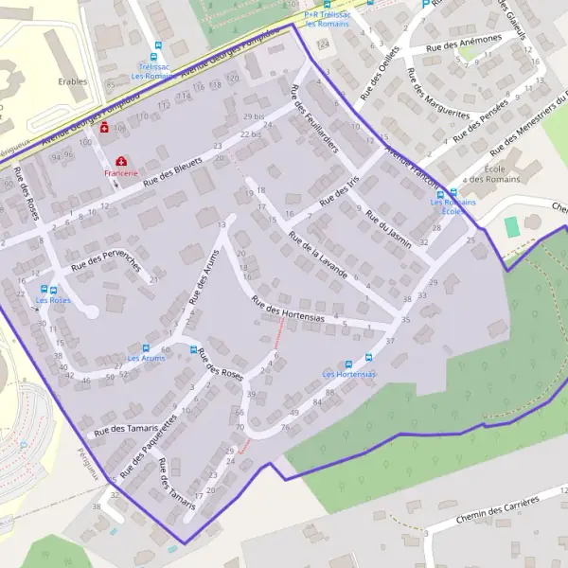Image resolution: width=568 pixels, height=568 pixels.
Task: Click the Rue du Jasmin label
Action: pyautogui.click(x=389, y=228)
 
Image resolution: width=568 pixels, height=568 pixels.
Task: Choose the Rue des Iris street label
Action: pyautogui.click(x=341, y=194)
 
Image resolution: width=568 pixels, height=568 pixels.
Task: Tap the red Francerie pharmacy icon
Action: pyautogui.click(x=121, y=162)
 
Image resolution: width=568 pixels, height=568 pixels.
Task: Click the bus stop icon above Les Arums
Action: pyautogui.click(x=145, y=347)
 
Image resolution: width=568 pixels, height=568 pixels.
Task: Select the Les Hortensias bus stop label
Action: pyautogui.click(x=348, y=374)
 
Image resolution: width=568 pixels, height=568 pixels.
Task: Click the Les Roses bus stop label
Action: pyautogui.click(x=53, y=300)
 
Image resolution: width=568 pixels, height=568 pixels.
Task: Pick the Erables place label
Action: pyautogui.click(x=72, y=81)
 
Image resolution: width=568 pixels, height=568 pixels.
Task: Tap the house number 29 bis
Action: pyautogui.click(x=254, y=116)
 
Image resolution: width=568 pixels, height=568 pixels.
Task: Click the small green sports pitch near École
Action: pyautogui.click(x=512, y=227)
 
